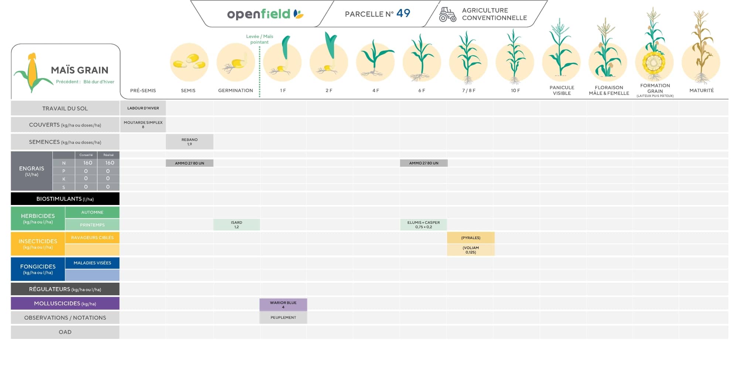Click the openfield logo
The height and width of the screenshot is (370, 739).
(x=265, y=14)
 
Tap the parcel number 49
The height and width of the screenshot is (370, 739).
(x=403, y=13)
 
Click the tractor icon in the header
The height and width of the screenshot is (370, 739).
(x=447, y=14)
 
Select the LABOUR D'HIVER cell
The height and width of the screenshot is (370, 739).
(x=143, y=108)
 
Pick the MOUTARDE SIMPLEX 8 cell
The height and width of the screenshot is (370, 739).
(x=143, y=125)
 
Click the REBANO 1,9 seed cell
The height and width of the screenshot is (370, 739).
(x=190, y=142)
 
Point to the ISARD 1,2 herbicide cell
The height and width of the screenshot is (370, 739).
(x=236, y=225)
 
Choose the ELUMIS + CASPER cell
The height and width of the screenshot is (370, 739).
(x=423, y=225)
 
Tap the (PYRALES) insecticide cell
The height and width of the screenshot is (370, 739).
(x=471, y=238)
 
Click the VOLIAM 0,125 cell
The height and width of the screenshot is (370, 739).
(x=471, y=250)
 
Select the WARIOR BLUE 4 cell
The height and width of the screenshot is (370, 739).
(x=283, y=305)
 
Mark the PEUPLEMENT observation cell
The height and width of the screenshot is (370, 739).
(x=283, y=317)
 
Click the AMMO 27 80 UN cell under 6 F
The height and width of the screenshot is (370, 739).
(x=424, y=163)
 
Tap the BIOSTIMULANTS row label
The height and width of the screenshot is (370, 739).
(x=65, y=199)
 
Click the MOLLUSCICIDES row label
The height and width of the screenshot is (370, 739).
(x=65, y=303)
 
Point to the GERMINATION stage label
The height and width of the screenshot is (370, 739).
(x=235, y=90)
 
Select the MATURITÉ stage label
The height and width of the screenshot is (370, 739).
(x=701, y=90)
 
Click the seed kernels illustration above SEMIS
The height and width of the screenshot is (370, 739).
(x=189, y=62)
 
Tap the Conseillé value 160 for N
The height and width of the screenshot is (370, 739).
(x=88, y=163)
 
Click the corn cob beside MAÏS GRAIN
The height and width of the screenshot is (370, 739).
(x=33, y=72)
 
